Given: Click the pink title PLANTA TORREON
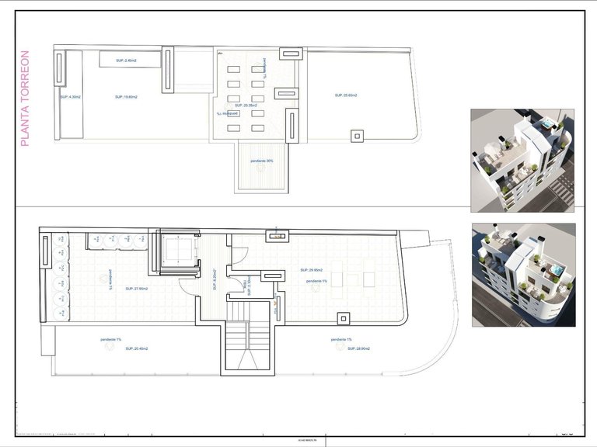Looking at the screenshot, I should (x=24, y=99).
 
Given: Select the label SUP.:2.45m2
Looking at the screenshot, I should (x=126, y=61).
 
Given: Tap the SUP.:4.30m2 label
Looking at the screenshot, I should (x=71, y=97).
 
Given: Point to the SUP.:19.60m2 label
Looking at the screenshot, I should (x=126, y=97).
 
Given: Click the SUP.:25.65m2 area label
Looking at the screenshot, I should (x=346, y=95).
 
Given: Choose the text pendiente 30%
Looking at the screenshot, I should (x=262, y=161).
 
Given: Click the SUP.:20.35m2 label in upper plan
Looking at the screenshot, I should (x=246, y=105).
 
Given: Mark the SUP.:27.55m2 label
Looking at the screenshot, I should (x=136, y=289).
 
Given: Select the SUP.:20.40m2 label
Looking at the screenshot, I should (x=137, y=348).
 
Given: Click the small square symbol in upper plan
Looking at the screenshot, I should (x=357, y=137).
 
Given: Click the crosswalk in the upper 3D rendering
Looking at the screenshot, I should (x=564, y=190).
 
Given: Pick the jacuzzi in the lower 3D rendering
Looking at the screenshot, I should (x=555, y=271).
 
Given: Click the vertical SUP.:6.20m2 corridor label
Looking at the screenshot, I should (x=214, y=279).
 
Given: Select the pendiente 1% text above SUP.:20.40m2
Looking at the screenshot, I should (x=110, y=340).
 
